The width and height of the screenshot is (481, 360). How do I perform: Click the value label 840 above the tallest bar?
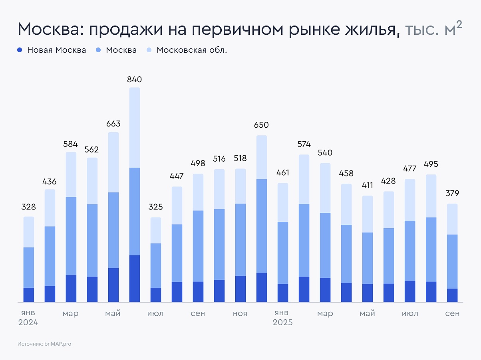click(x=135, y=79)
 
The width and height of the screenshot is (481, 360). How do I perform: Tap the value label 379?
click(x=452, y=193)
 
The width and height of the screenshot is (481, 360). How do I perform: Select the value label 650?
click(x=261, y=125)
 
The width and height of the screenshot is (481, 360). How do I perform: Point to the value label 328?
click(x=28, y=207)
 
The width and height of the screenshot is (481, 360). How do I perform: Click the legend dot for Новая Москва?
click(x=20, y=50)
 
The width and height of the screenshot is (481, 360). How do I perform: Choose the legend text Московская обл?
click(x=192, y=50)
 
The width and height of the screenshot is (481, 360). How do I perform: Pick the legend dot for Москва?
click(x=99, y=50)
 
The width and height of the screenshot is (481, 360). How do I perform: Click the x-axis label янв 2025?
click(x=283, y=318)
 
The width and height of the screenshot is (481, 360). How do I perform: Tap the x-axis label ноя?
click(x=240, y=314)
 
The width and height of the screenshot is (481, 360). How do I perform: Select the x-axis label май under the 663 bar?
click(x=113, y=314)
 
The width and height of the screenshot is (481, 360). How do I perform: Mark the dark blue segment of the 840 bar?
click(x=135, y=278)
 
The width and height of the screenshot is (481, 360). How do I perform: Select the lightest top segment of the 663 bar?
click(x=113, y=162)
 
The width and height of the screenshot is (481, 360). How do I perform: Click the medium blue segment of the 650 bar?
click(x=261, y=226)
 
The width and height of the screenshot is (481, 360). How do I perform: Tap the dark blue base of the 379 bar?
click(x=452, y=295)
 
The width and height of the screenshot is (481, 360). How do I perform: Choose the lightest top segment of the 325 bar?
click(x=156, y=230)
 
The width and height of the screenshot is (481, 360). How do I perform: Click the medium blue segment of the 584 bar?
click(x=71, y=236)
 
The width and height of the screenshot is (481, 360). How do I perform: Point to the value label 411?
click(x=368, y=185)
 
